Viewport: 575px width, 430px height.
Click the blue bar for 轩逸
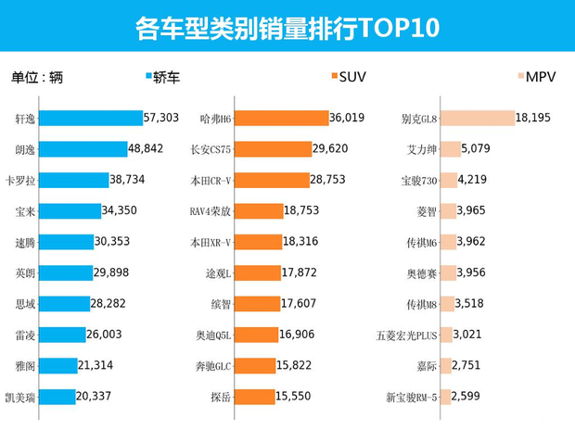pyautogui.click(x=91, y=119)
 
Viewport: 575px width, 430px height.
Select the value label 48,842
pyautogui.click(x=151, y=148)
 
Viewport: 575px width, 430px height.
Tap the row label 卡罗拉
pyautogui.click(x=20, y=180)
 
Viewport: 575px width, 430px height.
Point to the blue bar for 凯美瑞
pyautogui.click(x=57, y=397)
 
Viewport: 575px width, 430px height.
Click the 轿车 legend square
pyautogui.click(x=151, y=77)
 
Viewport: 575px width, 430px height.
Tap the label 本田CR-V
pyautogui.click(x=211, y=180)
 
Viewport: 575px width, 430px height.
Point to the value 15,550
pyautogui.click(x=299, y=397)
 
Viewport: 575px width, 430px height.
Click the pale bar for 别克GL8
pyautogui.click(x=478, y=119)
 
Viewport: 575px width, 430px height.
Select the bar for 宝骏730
pyautogui.click(x=450, y=180)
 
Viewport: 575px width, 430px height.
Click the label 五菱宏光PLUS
pyautogui.click(x=406, y=335)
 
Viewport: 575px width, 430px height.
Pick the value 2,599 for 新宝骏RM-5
pyautogui.click(x=473, y=397)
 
